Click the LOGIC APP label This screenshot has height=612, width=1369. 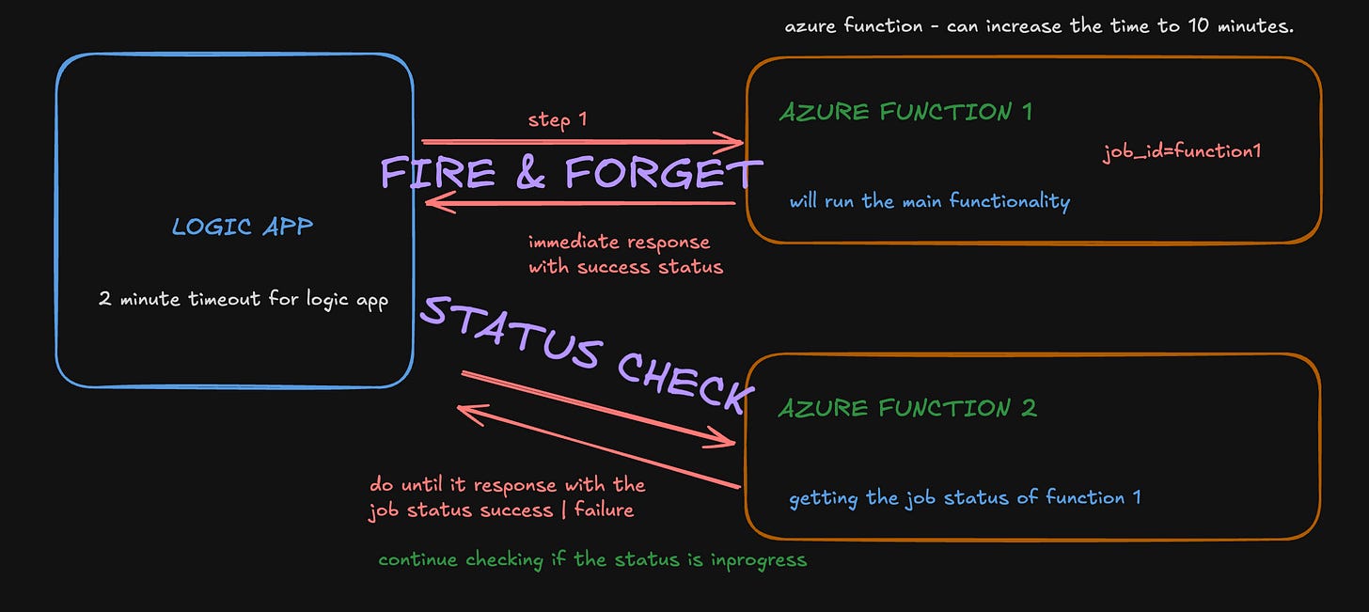[243, 227]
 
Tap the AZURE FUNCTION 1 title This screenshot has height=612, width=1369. [905, 112]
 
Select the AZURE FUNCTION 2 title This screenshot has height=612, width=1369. [907, 408]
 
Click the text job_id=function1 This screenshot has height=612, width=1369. [1188, 151]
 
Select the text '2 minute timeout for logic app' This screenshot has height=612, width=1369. [244, 301]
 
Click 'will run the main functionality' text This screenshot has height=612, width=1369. [929, 200]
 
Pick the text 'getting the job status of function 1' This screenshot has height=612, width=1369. [965, 497]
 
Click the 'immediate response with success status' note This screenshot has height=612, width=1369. [625, 255]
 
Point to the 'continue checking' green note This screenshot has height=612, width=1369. [592, 559]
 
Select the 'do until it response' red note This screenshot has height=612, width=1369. [508, 497]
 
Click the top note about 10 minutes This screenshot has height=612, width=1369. [1039, 26]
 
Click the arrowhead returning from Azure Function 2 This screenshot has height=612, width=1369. [464, 411]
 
